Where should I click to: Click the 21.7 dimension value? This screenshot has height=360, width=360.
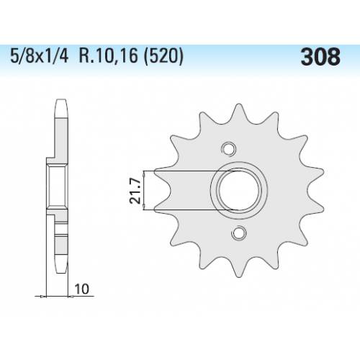click(135, 191)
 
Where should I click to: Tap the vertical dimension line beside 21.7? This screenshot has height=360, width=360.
click(145, 191)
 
